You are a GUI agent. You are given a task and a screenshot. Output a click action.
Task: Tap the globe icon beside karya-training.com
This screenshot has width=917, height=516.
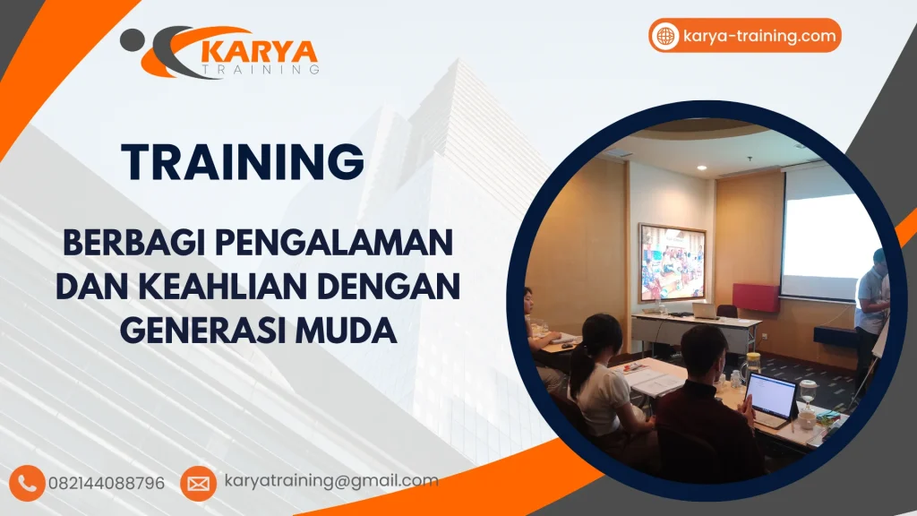[665, 36]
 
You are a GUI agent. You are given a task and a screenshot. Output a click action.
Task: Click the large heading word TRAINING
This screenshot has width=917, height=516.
[243, 162]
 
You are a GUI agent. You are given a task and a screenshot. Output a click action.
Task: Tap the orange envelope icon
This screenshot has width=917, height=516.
[198, 483]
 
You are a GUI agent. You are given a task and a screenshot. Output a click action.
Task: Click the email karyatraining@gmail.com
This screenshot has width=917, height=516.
[331, 481]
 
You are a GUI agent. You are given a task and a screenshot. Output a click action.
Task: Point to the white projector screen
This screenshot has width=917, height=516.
[828, 235]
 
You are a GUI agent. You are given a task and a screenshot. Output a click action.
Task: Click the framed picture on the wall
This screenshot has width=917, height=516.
[672, 262]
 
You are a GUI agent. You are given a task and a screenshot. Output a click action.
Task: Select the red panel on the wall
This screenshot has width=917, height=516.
[755, 297]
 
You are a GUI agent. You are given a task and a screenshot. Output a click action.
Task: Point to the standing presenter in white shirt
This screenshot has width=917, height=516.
[870, 309]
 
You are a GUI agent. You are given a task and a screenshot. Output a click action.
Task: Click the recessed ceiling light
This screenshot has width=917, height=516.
[701, 168]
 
